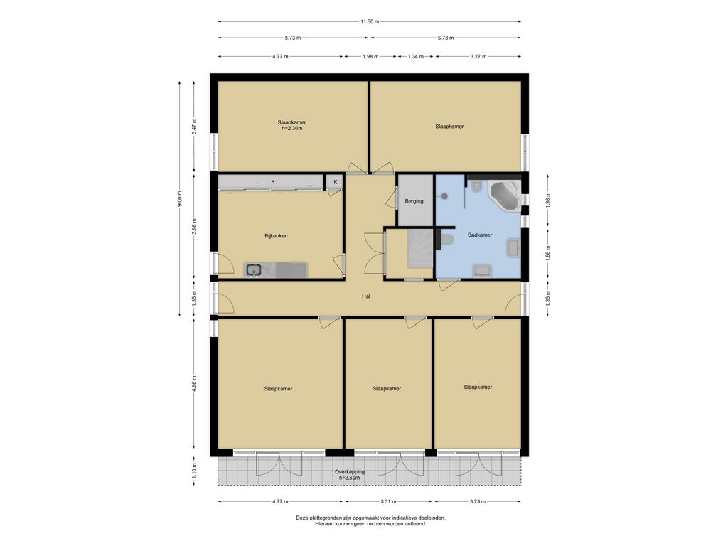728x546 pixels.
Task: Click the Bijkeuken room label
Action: click(x=276, y=236)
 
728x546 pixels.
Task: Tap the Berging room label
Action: click(x=414, y=201)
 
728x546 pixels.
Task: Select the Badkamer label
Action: click(x=480, y=235)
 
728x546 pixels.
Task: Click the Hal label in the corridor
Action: click(x=366, y=296)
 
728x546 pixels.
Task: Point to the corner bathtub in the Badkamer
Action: click(x=504, y=196)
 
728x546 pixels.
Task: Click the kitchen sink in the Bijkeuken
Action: click(x=254, y=269)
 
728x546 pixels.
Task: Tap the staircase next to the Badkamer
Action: click(x=421, y=250)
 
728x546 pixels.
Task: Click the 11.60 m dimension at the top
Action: click(x=370, y=21)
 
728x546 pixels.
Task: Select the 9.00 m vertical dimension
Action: click(x=180, y=199)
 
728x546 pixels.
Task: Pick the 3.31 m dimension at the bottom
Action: click(x=389, y=501)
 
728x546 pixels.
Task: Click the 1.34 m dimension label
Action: click(x=415, y=57)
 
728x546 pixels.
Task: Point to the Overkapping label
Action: click(x=350, y=472)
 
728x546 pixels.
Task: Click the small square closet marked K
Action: click(x=335, y=182)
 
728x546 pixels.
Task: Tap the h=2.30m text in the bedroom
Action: click(x=292, y=128)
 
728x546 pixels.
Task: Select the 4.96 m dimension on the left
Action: click(x=194, y=383)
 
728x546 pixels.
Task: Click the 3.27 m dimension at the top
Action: click(x=478, y=57)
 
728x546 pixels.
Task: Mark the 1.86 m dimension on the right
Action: click(x=548, y=253)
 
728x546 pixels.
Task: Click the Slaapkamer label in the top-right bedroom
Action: click(x=449, y=127)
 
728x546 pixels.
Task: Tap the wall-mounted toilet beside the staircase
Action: click(x=446, y=240)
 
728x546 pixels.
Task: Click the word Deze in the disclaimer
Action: click(x=301, y=518)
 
